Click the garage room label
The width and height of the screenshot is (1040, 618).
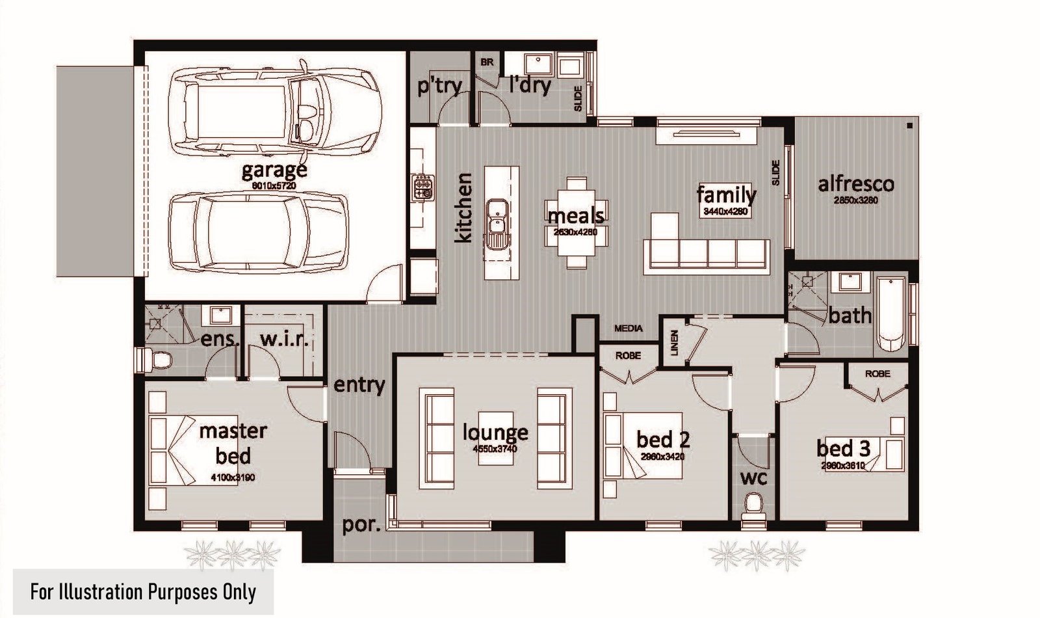274,170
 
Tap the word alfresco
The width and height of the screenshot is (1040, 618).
855,184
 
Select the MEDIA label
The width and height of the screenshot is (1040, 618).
628,329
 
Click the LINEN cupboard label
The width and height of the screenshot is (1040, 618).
674,342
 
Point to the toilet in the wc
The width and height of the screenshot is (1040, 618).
754,505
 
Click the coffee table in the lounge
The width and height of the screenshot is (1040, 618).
496,438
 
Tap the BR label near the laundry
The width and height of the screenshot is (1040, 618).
487,62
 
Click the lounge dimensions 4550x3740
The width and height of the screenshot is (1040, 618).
495,449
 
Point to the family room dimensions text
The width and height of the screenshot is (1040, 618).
726,211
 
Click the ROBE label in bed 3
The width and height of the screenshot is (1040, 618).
877,374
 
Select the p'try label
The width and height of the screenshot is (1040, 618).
439,85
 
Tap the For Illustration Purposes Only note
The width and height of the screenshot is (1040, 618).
143,592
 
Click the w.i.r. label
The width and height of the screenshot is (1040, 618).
283,339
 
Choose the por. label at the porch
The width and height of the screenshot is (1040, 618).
361,524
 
